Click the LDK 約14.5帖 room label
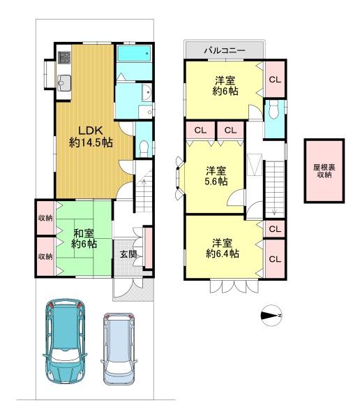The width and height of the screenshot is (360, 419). pos(91,137)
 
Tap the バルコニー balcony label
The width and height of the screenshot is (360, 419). pos(225,50)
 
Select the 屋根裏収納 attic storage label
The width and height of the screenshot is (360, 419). pos(324,171)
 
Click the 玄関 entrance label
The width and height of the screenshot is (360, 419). pos(128,254)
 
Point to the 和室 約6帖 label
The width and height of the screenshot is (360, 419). pos(84,238)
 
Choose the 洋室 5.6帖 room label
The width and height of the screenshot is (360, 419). pos(216,176)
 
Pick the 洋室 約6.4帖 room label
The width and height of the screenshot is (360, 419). pos(223,248)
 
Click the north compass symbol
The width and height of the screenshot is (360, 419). pos(271,316)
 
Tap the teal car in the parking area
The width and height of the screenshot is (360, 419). pos(65,341)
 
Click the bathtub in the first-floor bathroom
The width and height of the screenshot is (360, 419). pos(134,54)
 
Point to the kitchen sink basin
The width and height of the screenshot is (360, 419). pos(64,83)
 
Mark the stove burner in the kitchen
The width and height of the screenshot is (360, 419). pos(64,58)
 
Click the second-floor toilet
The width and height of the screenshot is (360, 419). pos(273,109)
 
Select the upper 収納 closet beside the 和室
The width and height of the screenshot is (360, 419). pos(45,218)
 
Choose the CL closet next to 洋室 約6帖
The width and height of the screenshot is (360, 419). pos(275,80)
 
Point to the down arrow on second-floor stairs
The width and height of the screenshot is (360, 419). pos(274,209)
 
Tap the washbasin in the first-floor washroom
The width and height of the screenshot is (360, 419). pos(147,92)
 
